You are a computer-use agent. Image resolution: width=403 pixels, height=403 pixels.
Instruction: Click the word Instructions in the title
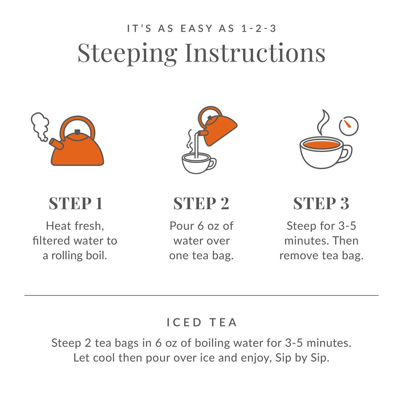pyautogui.click(x=255, y=52)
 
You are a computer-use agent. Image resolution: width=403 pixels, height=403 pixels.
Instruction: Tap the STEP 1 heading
pyautogui.click(x=75, y=204)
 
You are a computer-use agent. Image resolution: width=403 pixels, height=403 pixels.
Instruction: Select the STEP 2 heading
pyautogui.click(x=201, y=204)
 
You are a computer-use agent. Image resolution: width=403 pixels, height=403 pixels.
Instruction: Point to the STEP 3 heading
pyautogui.click(x=321, y=204)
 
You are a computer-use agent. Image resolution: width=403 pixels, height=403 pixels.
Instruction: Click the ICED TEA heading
pyautogui.click(x=201, y=322)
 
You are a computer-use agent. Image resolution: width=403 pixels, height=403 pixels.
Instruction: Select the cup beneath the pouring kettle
pyautogui.click(x=197, y=163)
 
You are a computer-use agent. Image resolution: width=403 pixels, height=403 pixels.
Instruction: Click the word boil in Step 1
pyautogui.click(x=97, y=256)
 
